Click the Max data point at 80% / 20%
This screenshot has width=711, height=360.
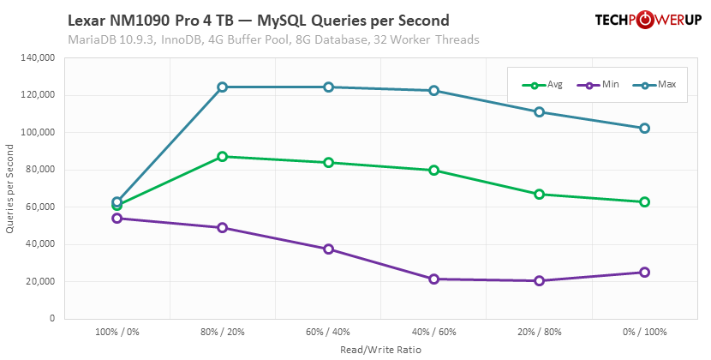tap(223, 87)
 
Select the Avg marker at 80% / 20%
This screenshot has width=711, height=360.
tap(223, 157)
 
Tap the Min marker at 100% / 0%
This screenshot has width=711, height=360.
tap(117, 218)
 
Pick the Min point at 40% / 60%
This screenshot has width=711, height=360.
tap(433, 279)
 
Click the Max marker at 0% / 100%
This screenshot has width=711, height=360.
tap(645, 128)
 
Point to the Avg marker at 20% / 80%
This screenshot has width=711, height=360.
tap(540, 194)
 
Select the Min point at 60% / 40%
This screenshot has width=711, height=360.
tap(328, 249)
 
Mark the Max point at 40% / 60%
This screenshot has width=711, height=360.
tap(433, 90)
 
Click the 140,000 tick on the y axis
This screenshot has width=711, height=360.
tap(38, 58)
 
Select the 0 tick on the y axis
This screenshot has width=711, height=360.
tap(52, 319)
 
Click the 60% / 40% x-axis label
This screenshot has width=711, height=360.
tap(328, 332)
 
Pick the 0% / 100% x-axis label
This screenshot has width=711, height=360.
tap(645, 332)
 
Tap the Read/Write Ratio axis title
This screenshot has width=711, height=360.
tap(381, 349)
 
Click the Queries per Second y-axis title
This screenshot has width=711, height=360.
tap(10, 189)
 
